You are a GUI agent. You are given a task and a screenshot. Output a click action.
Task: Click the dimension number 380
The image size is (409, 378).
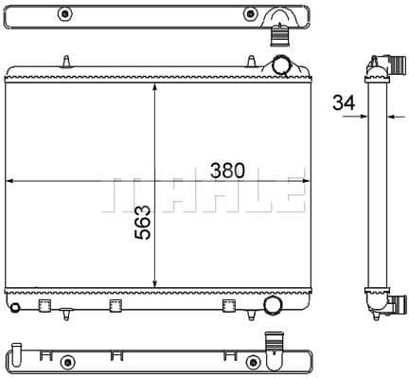(x=227, y=171)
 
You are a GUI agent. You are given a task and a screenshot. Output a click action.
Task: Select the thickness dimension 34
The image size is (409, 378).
(x=344, y=103)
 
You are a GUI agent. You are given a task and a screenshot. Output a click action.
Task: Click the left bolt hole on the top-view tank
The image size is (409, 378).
(x=64, y=13)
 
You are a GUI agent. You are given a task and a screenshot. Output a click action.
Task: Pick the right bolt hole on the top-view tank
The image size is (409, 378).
(x=249, y=13)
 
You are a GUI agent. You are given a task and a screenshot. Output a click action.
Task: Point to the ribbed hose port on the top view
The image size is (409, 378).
(x=279, y=35)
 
